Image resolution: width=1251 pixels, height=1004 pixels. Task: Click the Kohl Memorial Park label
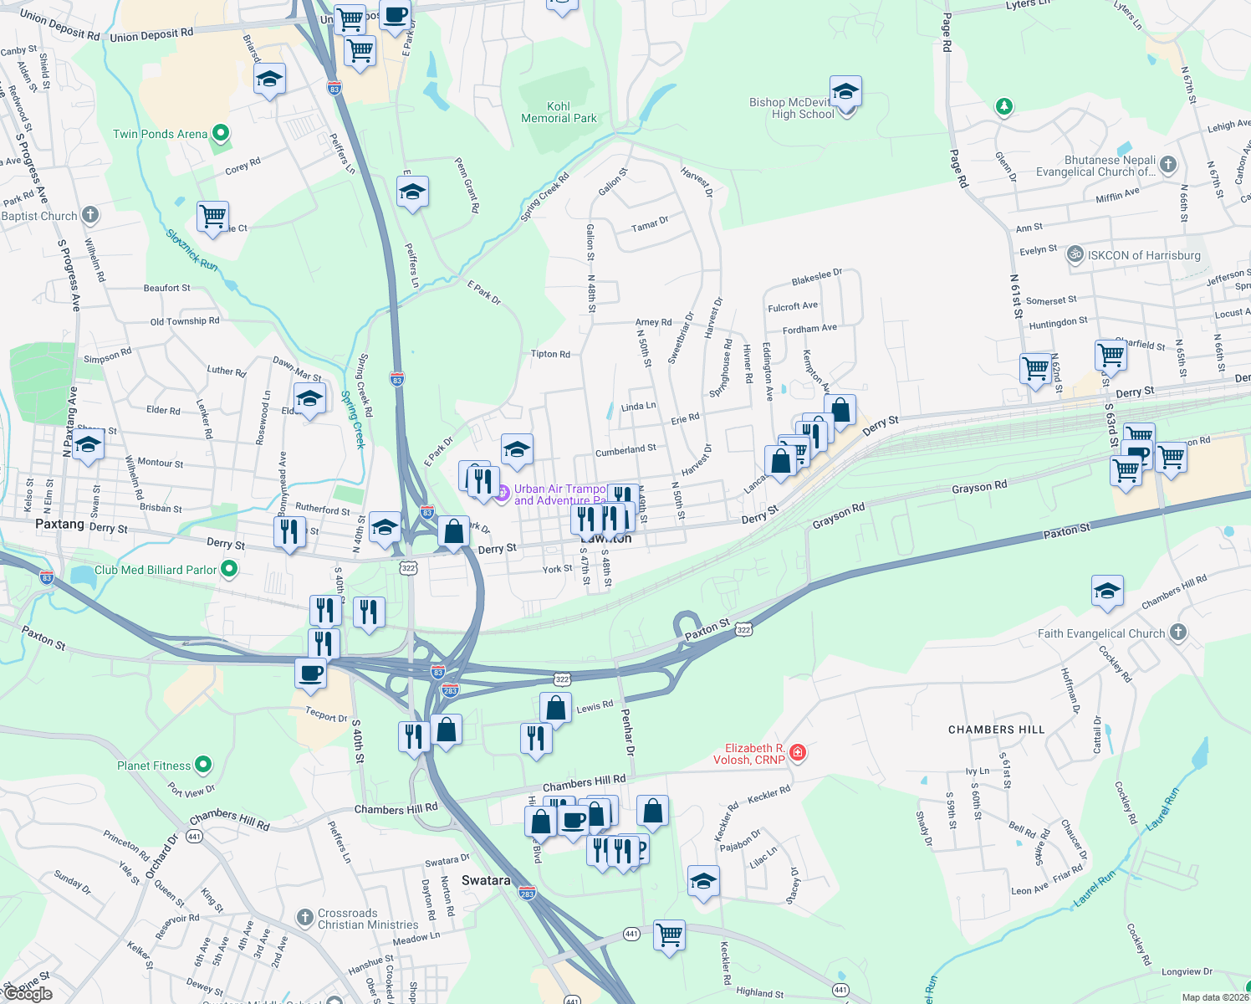[x=559, y=112]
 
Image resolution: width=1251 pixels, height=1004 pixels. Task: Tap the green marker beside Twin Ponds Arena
[x=221, y=133]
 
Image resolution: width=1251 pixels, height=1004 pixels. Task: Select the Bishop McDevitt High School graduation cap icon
[x=845, y=91]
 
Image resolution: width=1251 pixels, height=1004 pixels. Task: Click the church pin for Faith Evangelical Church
[x=1178, y=633]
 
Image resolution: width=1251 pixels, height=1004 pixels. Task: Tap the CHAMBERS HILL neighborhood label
[x=996, y=730]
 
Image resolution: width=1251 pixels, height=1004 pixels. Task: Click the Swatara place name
[x=486, y=880]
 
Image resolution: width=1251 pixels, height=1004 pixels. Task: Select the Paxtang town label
[x=59, y=524]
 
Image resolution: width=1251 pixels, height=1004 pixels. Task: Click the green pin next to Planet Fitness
[x=203, y=765]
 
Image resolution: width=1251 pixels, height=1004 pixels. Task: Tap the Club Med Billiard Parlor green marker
[x=229, y=569]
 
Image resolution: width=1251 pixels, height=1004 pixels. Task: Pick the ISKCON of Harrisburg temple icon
[x=1075, y=255]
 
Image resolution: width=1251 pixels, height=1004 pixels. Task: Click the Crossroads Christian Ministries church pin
[x=305, y=918]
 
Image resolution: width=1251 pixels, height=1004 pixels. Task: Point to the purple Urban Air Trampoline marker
[x=502, y=493]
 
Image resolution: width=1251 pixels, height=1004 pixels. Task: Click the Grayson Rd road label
[x=978, y=487]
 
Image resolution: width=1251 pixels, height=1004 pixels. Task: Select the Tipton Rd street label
[x=550, y=354]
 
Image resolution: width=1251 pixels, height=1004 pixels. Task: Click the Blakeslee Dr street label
[x=816, y=277]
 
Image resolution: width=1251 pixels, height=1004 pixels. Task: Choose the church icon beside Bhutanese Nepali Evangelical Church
[x=1168, y=164]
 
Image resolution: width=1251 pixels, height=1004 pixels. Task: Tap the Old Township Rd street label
[x=185, y=321]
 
